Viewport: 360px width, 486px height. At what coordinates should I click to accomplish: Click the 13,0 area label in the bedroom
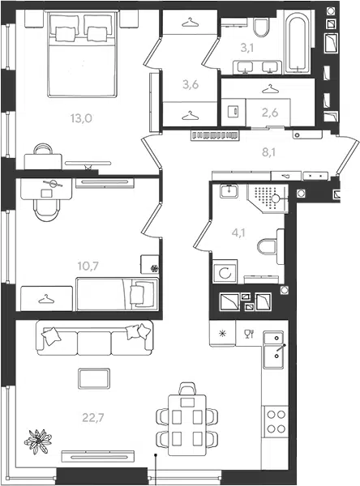point(81,118)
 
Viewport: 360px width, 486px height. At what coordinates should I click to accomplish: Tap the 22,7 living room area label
point(93,418)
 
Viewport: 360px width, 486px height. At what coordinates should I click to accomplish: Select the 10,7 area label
point(88,266)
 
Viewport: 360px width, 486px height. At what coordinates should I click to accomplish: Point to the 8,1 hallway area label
point(268,152)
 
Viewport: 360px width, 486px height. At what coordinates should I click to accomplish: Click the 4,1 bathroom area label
point(238,232)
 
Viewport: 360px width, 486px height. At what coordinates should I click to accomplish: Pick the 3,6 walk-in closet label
point(191,84)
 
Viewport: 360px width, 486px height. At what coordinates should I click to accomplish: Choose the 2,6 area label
point(270,113)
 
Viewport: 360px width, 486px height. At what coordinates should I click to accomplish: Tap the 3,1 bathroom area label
point(247,48)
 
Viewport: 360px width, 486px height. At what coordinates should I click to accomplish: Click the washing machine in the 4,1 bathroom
point(225,271)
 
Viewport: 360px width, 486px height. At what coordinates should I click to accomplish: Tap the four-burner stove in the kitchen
point(276,421)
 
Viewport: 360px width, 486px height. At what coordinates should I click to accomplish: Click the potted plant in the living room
point(38,441)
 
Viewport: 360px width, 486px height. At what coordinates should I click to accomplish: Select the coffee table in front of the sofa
point(94,378)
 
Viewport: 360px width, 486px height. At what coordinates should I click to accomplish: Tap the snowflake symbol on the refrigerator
point(222,334)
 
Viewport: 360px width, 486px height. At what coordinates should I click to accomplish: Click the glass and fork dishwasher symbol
point(249,334)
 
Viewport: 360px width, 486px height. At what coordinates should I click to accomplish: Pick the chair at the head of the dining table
point(187,389)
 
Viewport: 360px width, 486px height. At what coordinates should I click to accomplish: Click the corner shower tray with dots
point(268,198)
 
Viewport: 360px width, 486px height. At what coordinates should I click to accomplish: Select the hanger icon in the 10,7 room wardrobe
point(46,299)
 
